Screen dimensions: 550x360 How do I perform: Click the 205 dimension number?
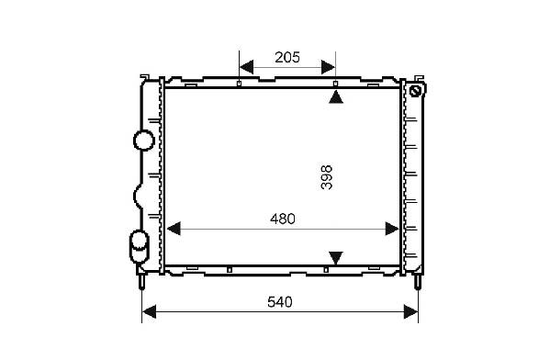tap(287, 57)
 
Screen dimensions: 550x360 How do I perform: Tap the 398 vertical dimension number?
tap(327, 177)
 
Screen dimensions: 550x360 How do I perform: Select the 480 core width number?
tap(283, 219)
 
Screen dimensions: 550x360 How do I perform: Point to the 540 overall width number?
tap(280, 302)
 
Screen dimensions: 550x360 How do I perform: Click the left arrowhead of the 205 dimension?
tap(246, 67)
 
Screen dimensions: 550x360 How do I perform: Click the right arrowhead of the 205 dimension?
tap(329, 67)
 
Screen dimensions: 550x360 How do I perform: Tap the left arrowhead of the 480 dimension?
tap(174, 229)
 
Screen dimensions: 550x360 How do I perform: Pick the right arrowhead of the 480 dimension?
tap(392, 229)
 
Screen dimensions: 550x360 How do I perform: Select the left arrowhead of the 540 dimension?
tap(149, 311)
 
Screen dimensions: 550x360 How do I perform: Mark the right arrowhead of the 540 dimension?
tap(411, 311)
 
